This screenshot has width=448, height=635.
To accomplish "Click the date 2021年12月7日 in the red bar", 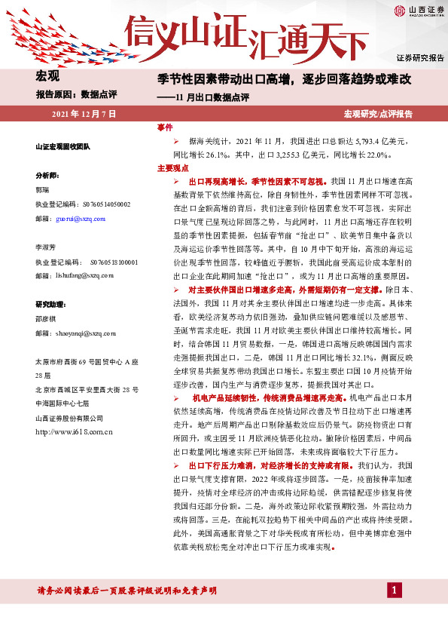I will pyautogui.click(x=84, y=114).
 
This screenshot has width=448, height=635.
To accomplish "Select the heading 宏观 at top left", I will pyautogui.click(x=47, y=75).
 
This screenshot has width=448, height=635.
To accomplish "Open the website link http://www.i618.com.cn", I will pyautogui.click(x=74, y=432).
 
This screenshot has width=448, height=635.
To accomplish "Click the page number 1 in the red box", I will pyautogui.click(x=392, y=589).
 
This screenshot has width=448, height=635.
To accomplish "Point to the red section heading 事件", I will pyautogui.click(x=165, y=127).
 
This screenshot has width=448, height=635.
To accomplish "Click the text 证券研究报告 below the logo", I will pyautogui.click(x=419, y=57).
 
